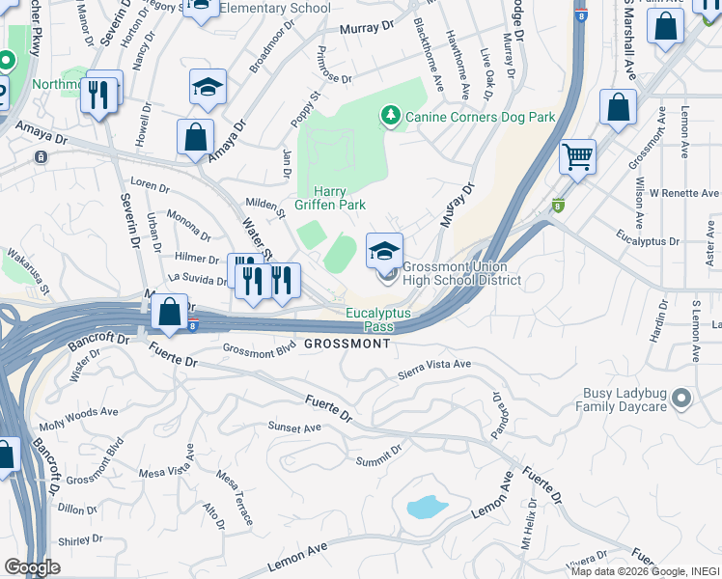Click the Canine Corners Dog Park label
[x=480, y=117]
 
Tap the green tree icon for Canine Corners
[x=391, y=116]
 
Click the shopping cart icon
[x=577, y=155]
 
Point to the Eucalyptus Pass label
[x=378, y=320]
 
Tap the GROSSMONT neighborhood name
[x=341, y=345]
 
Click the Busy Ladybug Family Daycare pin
[x=681, y=398]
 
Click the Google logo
[x=32, y=567]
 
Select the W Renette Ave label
[x=685, y=193]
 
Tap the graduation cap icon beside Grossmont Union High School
[x=384, y=251]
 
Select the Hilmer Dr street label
[x=196, y=258]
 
